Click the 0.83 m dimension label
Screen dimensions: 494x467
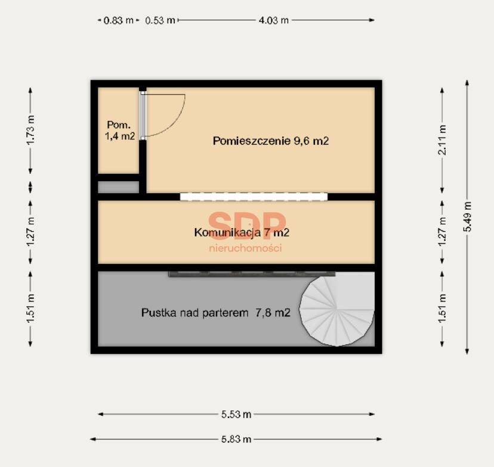coord(119,20)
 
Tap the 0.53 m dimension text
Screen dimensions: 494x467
coord(160,20)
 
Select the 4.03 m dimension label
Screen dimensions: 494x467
coord(273,20)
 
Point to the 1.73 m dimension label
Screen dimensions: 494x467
coord(30,130)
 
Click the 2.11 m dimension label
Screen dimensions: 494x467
coord(442,139)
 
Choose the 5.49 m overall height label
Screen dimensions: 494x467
coord(467,217)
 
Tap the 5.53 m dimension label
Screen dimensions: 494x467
coord(236,415)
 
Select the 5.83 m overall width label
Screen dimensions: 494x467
coord(236,439)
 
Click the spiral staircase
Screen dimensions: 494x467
coord(336,309)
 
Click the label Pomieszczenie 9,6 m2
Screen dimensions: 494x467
coord(271,141)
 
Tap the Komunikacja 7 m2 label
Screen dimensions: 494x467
coord(242,232)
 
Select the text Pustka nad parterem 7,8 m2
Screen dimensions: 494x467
coord(216,313)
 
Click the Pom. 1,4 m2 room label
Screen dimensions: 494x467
coord(120,130)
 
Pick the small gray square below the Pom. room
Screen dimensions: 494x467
coord(119,187)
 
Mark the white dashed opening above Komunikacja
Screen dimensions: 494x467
coord(254,197)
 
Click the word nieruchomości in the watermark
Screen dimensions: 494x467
coord(245,248)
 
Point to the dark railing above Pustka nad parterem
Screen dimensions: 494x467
coord(252,274)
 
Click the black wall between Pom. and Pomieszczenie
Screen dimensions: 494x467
coord(143,166)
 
